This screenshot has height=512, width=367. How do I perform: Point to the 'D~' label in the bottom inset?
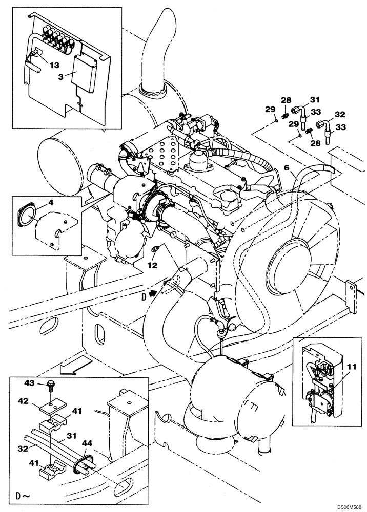[x=23, y=497]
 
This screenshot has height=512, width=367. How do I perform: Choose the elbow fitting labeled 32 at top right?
[x=323, y=125]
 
